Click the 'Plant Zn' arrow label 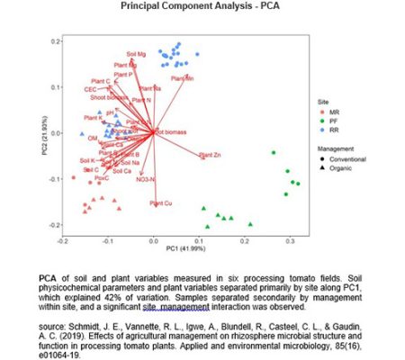pos(211,156)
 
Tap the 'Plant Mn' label pos(183,79)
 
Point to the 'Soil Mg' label pos(138,55)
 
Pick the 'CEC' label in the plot pos(90,90)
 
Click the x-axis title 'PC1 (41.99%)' pos(176,247)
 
